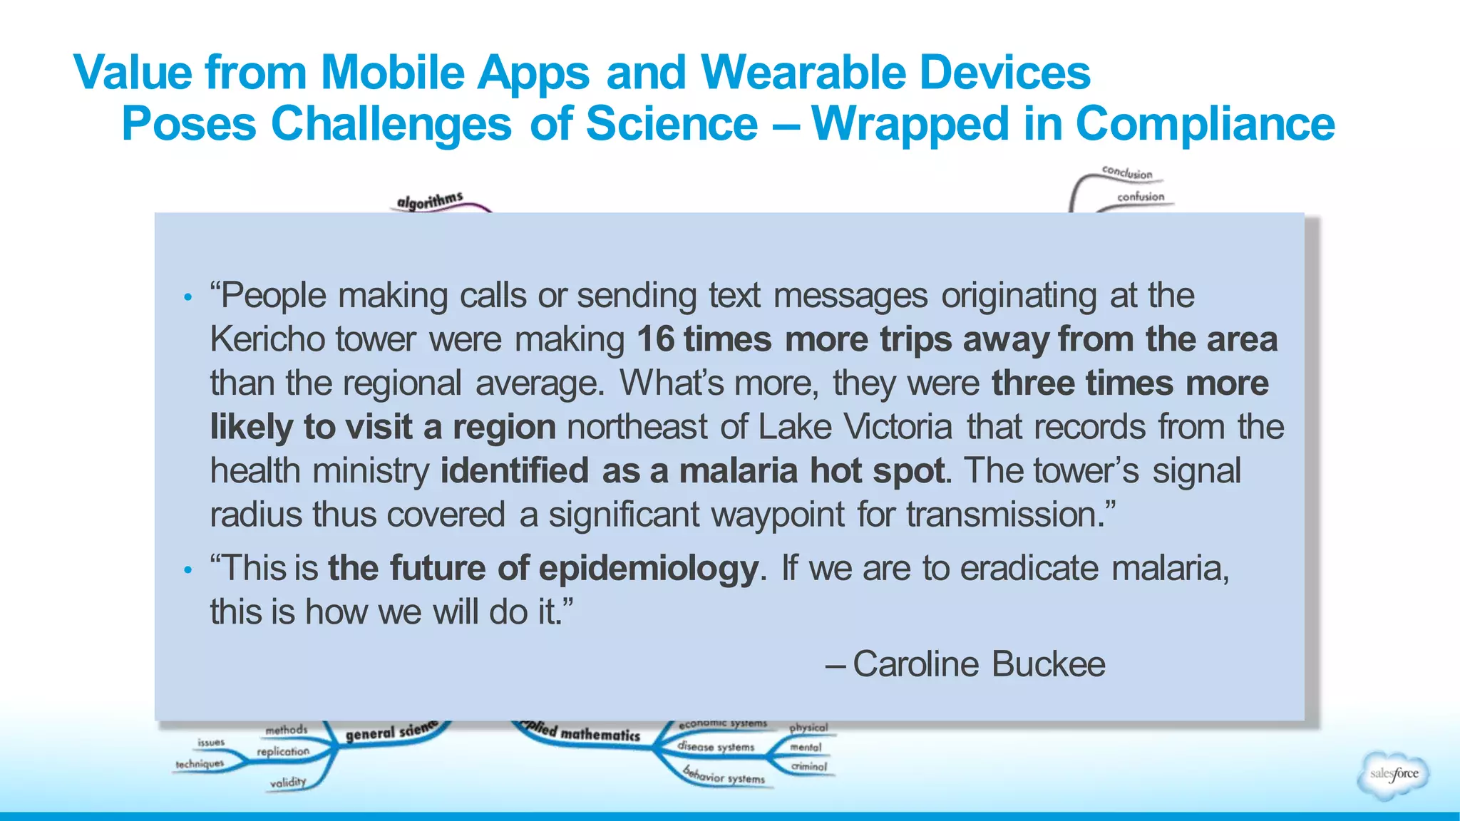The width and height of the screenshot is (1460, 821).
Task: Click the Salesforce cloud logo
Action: point(1394,774)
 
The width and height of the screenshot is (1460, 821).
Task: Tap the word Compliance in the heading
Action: point(1205,124)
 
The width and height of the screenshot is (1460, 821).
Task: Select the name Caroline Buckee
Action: point(979,664)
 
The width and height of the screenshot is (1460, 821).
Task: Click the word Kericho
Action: point(267,339)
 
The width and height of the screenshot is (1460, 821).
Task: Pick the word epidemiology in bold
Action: point(648,569)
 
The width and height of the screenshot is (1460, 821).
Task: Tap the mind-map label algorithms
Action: point(430,200)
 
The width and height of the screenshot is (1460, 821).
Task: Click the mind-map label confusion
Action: point(1141,197)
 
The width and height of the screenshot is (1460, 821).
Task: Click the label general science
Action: point(391,732)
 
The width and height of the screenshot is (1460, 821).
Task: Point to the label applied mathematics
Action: point(581,732)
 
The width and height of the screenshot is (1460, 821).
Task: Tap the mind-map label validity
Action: point(288,783)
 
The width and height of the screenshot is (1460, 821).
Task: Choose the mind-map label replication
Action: point(283,752)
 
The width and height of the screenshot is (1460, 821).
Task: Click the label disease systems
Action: point(716,747)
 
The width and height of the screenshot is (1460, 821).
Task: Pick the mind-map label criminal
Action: point(809,767)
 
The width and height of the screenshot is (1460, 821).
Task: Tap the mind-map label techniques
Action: point(200,764)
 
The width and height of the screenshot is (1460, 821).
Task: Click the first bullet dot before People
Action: point(187,298)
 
